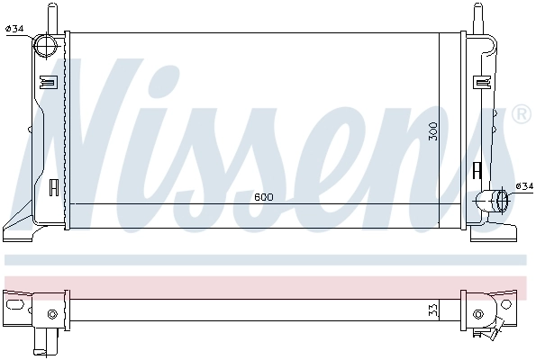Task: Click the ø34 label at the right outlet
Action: (523, 186)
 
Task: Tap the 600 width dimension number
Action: (263, 197)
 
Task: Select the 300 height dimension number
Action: (433, 130)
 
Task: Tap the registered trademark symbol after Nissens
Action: (520, 115)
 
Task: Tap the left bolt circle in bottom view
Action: (52, 313)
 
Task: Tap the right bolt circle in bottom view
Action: (478, 314)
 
